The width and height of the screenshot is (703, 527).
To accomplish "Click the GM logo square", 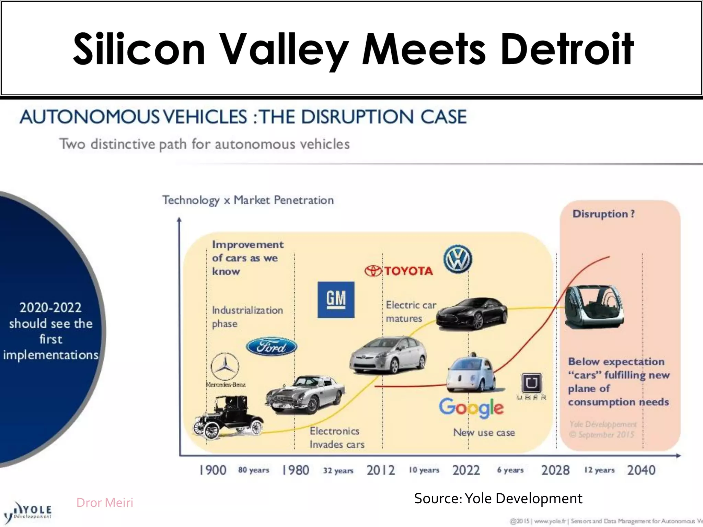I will [x=336, y=300].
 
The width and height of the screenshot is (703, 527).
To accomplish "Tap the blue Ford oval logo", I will [x=272, y=347].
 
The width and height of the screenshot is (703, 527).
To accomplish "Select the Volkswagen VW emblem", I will [x=458, y=259].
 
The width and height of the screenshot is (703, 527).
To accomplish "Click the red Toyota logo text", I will [x=399, y=271].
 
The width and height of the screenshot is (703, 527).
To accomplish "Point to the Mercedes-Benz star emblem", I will [x=225, y=366].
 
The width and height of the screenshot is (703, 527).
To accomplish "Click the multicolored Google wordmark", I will [x=471, y=408].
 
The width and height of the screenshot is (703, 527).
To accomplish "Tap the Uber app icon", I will [x=531, y=383].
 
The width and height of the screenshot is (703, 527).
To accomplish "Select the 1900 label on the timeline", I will [x=213, y=470].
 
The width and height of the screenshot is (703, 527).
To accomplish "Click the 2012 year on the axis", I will [x=381, y=470].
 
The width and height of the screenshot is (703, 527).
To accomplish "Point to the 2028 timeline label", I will [x=555, y=470].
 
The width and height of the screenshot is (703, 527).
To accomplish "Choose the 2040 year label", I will [x=641, y=470].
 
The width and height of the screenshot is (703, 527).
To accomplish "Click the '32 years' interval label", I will [x=338, y=470].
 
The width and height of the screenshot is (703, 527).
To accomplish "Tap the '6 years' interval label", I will [x=510, y=470].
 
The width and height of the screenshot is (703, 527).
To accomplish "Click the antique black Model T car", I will [x=228, y=418].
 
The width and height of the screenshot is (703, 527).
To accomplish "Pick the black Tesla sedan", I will [x=472, y=314].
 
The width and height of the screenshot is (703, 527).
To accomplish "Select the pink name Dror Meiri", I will [x=105, y=503].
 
